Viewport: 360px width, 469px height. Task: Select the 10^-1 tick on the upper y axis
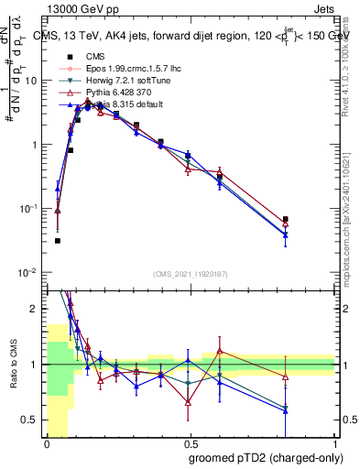pos(31,209)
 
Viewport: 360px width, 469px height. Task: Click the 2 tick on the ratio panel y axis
pos(36,309)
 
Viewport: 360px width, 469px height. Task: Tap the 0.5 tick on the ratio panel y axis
pos(33,420)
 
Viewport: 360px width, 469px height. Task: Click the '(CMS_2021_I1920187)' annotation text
pos(190,272)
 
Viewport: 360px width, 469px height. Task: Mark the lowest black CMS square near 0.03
pos(57,241)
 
